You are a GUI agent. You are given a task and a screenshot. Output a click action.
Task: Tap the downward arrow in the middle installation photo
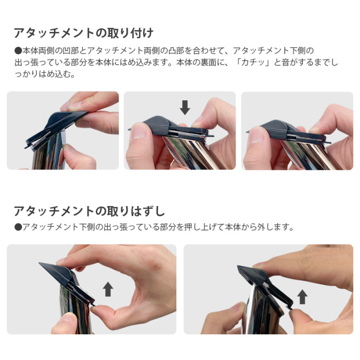(185, 107)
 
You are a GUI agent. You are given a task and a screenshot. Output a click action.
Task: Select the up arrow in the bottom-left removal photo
(108, 289)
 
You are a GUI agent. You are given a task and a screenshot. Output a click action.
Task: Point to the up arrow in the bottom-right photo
(302, 296)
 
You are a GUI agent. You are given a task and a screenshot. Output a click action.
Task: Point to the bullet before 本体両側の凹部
(18, 50)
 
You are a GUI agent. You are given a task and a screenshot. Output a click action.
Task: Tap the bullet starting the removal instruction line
(18, 227)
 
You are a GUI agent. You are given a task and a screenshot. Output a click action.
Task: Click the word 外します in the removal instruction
(276, 227)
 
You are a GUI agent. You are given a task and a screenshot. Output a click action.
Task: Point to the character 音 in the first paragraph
(281, 62)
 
